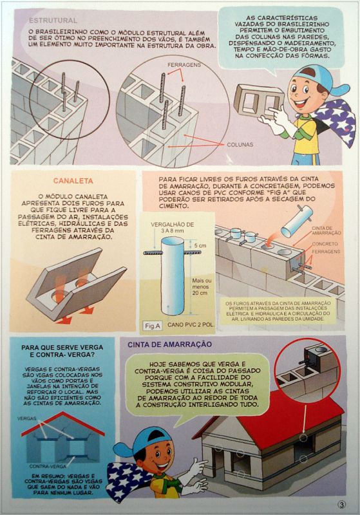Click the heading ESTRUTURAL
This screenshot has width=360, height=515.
point(53,21)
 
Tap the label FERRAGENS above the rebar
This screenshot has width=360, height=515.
point(184,65)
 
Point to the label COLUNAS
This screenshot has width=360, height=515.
point(240,144)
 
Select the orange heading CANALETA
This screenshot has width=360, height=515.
point(73,181)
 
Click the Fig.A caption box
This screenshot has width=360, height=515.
point(153,326)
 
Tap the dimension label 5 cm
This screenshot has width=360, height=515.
point(200,246)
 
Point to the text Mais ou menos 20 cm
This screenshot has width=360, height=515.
point(202,286)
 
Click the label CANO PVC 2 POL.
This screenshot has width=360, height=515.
point(191,325)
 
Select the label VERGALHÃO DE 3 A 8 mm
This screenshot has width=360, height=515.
point(172,228)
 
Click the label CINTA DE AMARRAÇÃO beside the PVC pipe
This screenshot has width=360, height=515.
point(326,230)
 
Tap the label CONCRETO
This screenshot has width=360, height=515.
point(325,244)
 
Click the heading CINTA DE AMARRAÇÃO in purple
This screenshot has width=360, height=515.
point(170,344)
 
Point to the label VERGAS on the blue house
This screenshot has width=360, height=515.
point(26,419)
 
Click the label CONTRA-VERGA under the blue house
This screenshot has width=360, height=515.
point(47,466)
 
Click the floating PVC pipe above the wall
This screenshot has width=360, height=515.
point(297,221)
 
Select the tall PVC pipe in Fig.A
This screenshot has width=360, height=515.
point(173,277)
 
